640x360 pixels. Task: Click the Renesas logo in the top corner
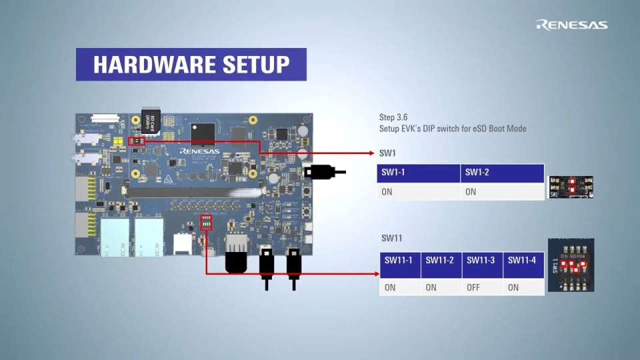pos(572,25)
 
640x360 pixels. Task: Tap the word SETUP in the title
pos(257,65)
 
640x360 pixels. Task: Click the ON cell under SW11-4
pos(513,288)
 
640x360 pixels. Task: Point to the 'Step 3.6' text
pos(393,117)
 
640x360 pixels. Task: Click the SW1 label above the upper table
pos(387,153)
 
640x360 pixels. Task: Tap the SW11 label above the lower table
pos(391,238)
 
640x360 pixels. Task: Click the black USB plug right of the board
pos(320,172)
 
